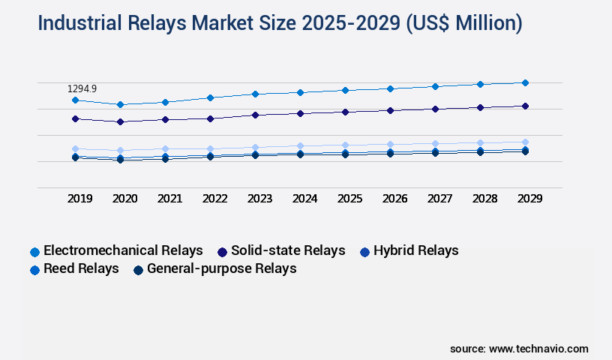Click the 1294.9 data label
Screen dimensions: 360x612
coord(82,88)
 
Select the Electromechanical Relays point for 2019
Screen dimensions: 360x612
coord(75,100)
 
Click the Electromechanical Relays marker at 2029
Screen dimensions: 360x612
coord(525,82)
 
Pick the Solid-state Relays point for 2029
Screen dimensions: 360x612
coord(525,106)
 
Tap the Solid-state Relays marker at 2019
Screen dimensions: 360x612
coord(75,118)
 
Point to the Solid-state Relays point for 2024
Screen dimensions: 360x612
coord(300,113)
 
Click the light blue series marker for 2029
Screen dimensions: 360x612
coord(525,142)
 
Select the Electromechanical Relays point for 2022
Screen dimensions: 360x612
coord(210,97)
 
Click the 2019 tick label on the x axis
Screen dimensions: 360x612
coord(80,199)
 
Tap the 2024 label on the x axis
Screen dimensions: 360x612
coord(304,199)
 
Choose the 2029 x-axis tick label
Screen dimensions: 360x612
coord(529,199)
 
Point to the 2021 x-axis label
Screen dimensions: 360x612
coord(169,199)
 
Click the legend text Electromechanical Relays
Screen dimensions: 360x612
coord(123,250)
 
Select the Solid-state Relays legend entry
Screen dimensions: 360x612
coord(288,250)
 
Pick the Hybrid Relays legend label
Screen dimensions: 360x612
coord(415,250)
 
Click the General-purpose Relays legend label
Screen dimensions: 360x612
coord(222,268)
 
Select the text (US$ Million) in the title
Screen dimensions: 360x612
coord(464,23)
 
